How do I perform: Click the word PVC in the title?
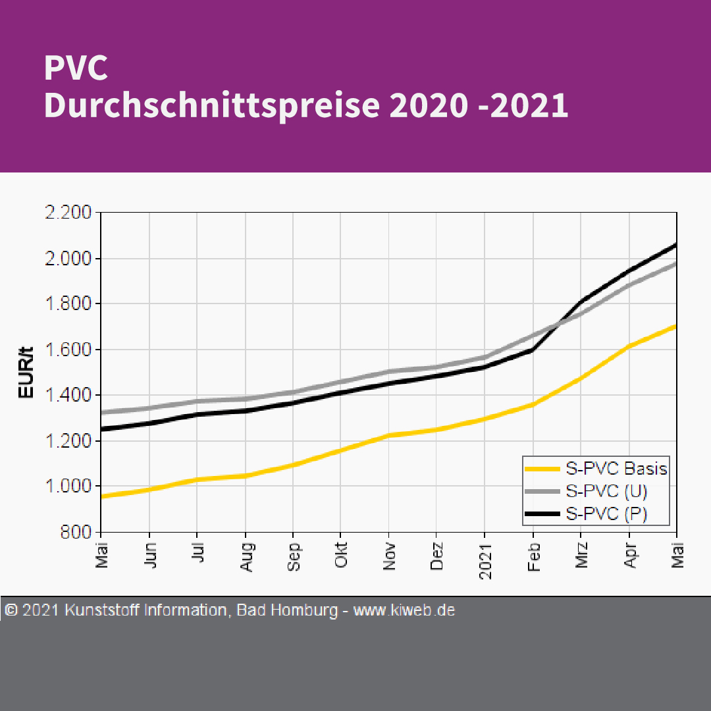pyautogui.click(x=76, y=68)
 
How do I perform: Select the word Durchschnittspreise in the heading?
pyautogui.click(x=211, y=106)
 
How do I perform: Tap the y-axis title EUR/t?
pyautogui.click(x=26, y=373)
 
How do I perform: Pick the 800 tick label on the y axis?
pyautogui.click(x=77, y=532)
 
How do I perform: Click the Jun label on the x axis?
pyautogui.click(x=150, y=556)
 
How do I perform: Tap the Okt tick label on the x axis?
pyautogui.click(x=341, y=556)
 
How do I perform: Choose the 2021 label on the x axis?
pyautogui.click(x=485, y=562)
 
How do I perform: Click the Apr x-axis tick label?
pyautogui.click(x=629, y=556)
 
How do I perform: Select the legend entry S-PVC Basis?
pyautogui.click(x=616, y=469)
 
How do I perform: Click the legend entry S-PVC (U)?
pyautogui.click(x=606, y=491)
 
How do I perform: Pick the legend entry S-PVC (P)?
pyautogui.click(x=606, y=514)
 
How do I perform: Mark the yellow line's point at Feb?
pyautogui.click(x=533, y=404)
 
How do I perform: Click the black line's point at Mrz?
pyautogui.click(x=581, y=302)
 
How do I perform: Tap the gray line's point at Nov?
pyautogui.click(x=389, y=371)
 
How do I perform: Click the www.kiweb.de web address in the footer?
pyautogui.click(x=404, y=610)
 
